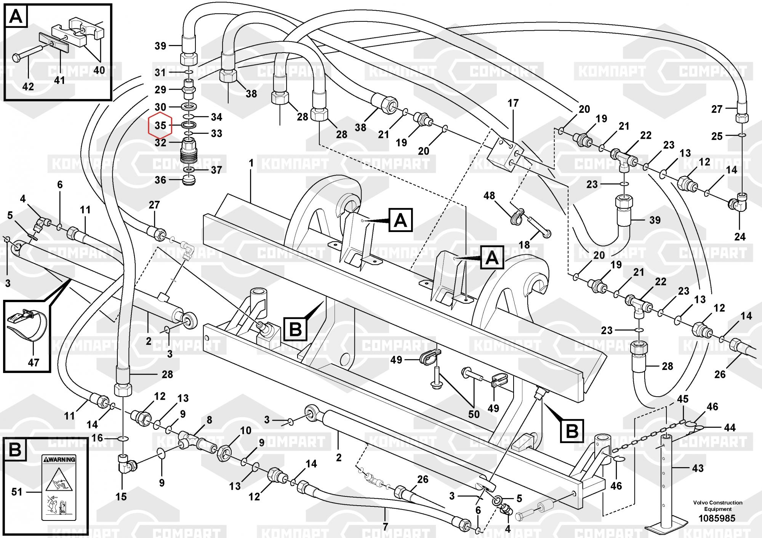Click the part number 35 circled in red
(160, 125)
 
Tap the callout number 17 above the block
(513, 103)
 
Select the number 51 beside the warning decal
(17, 492)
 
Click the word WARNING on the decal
(61, 460)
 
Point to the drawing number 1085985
(717, 518)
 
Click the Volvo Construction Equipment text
(718, 506)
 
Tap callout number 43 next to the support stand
(698, 468)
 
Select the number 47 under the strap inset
(34, 362)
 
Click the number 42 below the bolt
(28, 86)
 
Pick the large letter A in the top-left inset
(16, 17)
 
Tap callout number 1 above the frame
(251, 163)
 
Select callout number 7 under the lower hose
(385, 527)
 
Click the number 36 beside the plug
(160, 180)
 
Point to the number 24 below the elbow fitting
(740, 237)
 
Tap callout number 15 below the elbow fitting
(122, 496)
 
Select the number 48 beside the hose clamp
(489, 196)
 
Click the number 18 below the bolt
(524, 245)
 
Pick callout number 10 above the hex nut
(245, 431)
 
